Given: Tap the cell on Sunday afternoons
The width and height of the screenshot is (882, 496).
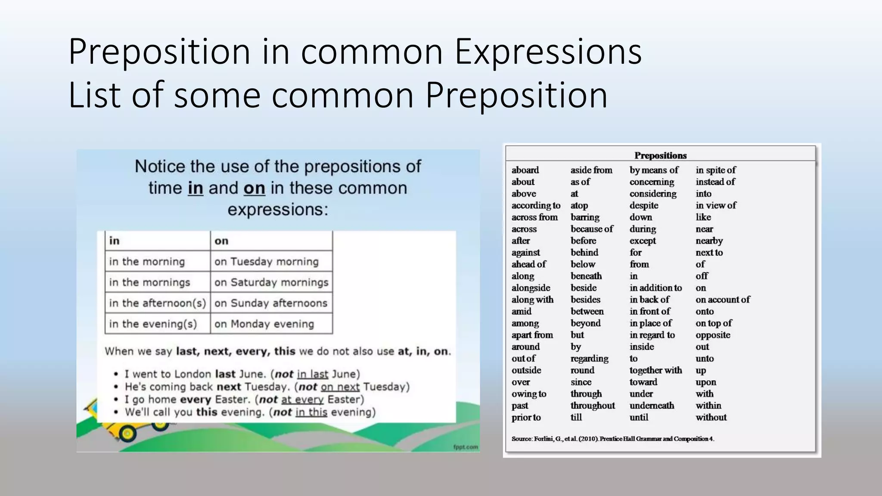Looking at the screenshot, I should point(271,303).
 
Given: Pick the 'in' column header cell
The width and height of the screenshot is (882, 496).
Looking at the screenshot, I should point(157,241).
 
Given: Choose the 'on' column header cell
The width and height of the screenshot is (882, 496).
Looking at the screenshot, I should point(271,241).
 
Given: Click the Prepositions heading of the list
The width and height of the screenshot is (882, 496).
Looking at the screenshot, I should point(660,155).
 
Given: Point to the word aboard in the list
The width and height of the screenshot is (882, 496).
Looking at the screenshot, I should point(525,170).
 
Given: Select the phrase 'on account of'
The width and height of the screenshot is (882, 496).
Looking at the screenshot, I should point(722,300).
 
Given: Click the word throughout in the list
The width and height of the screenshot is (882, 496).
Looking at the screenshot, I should point(593,406).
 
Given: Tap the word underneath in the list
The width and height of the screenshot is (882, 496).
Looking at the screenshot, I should point(652,406).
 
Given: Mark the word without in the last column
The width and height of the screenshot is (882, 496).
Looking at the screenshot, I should point(711,417).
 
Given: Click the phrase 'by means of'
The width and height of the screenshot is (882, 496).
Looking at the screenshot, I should point(654,170).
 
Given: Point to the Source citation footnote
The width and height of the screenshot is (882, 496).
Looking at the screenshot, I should point(612,439).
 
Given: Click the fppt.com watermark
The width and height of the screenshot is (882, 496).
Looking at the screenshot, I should point(465,447).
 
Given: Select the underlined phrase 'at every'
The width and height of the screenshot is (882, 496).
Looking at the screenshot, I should point(302,400).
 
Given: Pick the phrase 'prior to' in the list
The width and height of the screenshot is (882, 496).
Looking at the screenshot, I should point(526,417).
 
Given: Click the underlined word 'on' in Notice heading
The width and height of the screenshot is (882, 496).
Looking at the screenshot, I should point(254,189).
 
